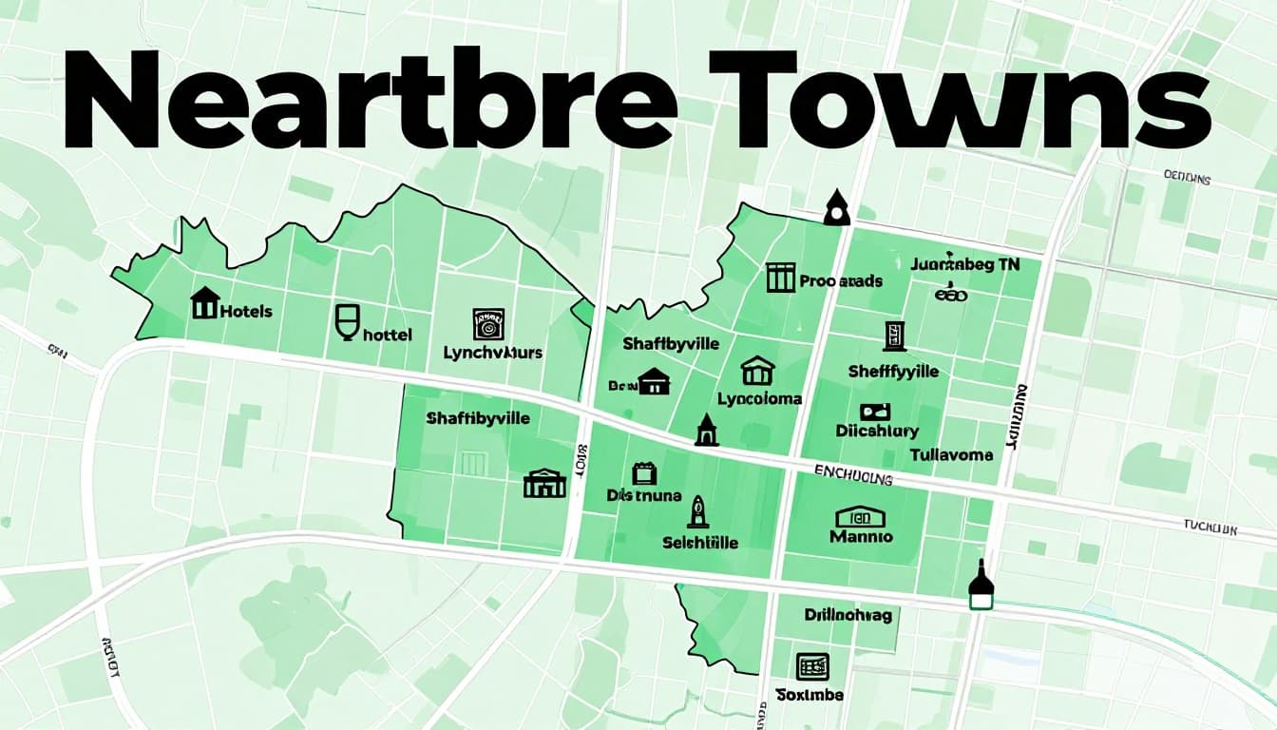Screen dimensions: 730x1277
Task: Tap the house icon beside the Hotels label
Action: click(204, 303)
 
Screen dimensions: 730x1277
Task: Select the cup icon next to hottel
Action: click(348, 321)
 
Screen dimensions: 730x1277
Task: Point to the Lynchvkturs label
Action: click(493, 353)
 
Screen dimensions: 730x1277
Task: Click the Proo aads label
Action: click(841, 281)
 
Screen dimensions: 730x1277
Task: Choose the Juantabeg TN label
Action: click(964, 265)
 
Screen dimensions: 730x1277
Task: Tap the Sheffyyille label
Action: click(893, 371)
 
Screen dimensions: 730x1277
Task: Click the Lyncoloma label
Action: click(759, 399)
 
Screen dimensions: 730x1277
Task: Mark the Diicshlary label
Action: click(876, 431)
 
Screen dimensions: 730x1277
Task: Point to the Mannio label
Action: click(861, 536)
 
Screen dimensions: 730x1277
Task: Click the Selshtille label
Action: click(700, 543)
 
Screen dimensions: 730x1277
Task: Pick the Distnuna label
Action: click(644, 495)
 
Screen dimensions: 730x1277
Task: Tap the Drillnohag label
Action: click(848, 615)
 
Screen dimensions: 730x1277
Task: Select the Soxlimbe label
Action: click(810, 695)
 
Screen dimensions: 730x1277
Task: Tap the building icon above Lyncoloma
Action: click(757, 370)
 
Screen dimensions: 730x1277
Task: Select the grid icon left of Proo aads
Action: click(779, 278)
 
